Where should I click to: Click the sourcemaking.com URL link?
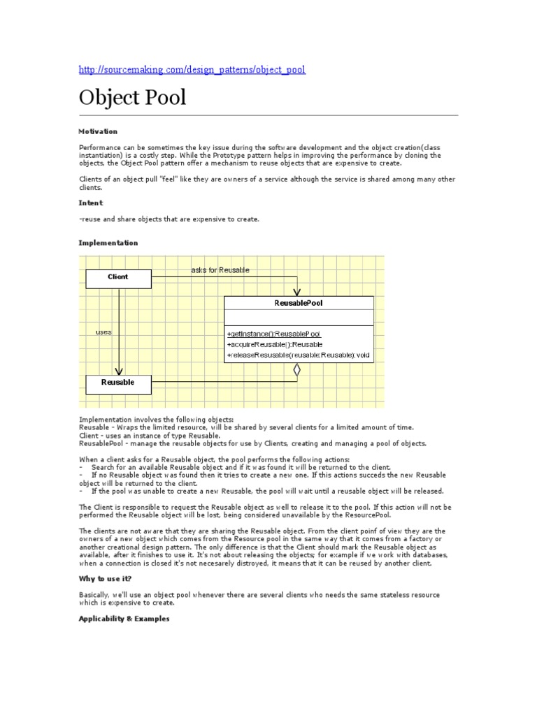click(x=192, y=70)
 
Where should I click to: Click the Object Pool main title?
click(x=133, y=97)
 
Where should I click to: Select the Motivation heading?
click(x=98, y=131)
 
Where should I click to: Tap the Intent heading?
click(x=91, y=203)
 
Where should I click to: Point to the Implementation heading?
click(x=108, y=243)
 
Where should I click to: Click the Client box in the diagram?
click(x=118, y=277)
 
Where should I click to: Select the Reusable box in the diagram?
click(x=118, y=383)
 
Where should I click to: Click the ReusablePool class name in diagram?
click(x=299, y=304)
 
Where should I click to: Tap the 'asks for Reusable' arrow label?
click(x=220, y=270)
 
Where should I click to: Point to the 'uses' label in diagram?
click(x=103, y=332)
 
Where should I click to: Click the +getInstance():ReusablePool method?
click(x=274, y=334)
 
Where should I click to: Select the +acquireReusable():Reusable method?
click(x=275, y=345)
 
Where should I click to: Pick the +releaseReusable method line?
click(x=299, y=355)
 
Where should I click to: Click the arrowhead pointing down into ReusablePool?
click(x=297, y=291)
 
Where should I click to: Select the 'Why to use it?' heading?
click(x=106, y=579)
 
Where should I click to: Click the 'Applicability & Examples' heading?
click(x=124, y=619)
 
